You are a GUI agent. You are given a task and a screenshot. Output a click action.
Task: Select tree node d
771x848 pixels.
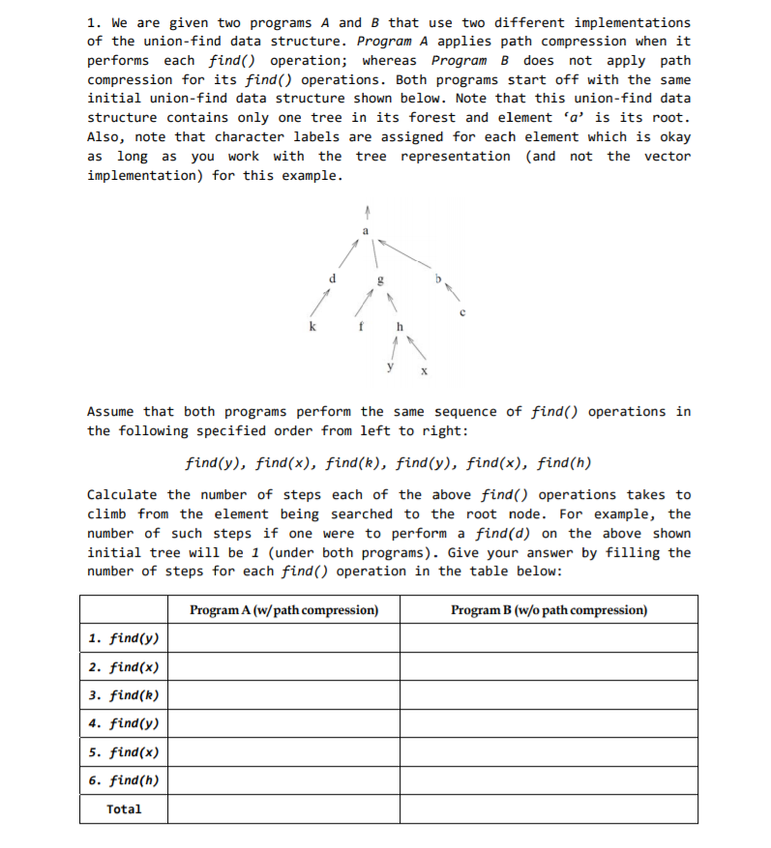click(332, 278)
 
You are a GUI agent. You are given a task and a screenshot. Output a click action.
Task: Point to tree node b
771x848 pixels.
click(438, 279)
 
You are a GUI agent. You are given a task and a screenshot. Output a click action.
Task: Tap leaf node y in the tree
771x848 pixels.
click(390, 366)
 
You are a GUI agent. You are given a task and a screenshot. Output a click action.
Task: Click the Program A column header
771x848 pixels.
click(283, 610)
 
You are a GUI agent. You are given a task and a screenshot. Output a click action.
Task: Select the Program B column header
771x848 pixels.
click(549, 610)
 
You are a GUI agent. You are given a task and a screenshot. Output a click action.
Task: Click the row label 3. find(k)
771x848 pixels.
click(123, 695)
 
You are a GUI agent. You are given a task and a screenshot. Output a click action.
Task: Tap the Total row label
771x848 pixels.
click(123, 809)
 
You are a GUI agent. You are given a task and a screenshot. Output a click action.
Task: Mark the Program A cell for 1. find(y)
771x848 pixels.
click(283, 638)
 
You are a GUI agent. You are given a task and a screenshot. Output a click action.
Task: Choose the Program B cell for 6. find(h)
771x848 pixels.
click(549, 780)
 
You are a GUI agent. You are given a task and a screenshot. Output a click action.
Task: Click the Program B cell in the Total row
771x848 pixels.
click(549, 809)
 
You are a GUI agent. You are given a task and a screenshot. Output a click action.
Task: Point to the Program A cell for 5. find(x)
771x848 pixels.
click(283, 752)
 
